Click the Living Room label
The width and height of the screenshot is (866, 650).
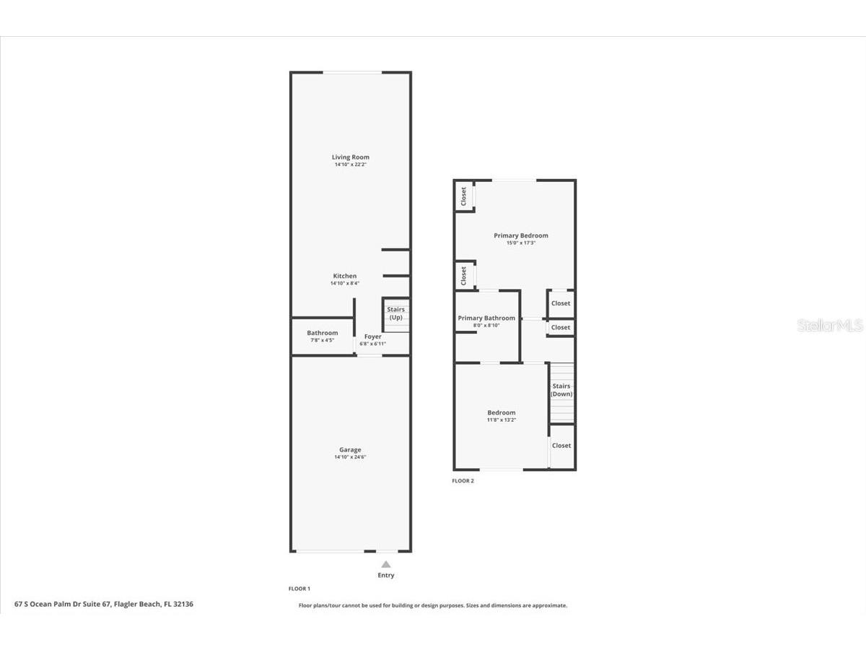tap(350, 157)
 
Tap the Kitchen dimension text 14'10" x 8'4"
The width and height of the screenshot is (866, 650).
tap(345, 283)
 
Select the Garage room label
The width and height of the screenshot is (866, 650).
tap(350, 449)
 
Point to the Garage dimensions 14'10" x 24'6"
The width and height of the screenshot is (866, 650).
tap(350, 457)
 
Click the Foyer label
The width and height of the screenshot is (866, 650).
tap(373, 337)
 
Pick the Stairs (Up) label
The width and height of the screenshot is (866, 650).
tap(395, 313)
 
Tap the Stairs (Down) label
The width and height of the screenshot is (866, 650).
tap(561, 390)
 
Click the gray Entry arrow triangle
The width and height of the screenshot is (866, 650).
tap(386, 564)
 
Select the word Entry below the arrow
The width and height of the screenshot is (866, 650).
tap(386, 575)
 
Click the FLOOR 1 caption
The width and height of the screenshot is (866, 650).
tap(299, 589)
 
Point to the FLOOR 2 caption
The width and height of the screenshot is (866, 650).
tap(463, 481)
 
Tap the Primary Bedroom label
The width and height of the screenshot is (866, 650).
tap(521, 235)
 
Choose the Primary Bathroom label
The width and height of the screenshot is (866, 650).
tap(486, 318)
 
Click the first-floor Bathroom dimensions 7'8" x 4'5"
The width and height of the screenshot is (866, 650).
tap(323, 340)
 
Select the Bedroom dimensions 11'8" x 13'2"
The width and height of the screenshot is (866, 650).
tap(501, 420)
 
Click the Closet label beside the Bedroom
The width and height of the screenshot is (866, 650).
tap(561, 445)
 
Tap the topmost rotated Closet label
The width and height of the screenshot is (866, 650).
tap(463, 196)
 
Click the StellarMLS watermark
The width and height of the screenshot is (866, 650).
tap(830, 326)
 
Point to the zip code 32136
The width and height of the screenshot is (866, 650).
tap(183, 604)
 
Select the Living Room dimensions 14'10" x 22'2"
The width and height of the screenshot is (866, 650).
tap(350, 165)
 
